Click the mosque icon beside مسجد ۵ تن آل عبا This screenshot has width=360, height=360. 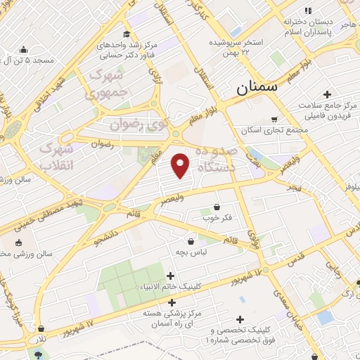coord(23,49)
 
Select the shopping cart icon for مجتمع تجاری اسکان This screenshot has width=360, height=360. coord(274,119)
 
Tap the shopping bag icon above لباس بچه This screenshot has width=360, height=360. coord(191,241)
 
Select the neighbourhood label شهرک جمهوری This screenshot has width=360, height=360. coord(109,84)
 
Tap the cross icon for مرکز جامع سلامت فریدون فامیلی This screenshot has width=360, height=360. coord(327,94)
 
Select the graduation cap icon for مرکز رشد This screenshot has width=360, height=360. coord(126,34)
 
